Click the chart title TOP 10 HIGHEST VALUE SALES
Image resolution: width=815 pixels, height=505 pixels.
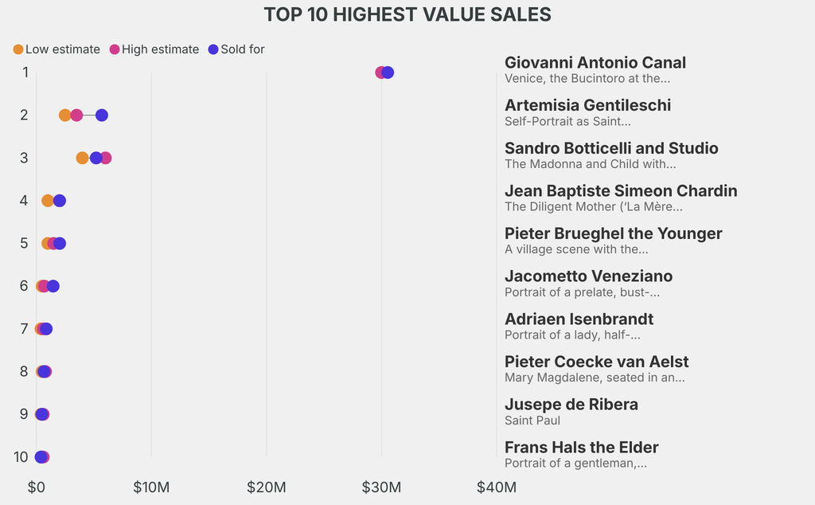[407, 14]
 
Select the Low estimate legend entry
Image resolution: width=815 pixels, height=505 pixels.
[57, 49]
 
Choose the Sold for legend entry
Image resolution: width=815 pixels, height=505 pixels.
[236, 49]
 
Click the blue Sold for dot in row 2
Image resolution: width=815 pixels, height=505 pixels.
[102, 115]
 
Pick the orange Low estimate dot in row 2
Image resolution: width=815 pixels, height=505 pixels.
[64, 115]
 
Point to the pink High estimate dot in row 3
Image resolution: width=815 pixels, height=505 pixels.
[106, 158]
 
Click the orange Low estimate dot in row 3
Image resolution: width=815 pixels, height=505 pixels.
[82, 158]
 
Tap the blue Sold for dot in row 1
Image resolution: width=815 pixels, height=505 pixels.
[388, 72]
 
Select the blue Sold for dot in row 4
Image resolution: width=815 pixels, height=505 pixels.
[60, 201]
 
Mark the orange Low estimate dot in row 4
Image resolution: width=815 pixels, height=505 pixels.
[47, 201]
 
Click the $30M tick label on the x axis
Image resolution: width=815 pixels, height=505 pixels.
[381, 487]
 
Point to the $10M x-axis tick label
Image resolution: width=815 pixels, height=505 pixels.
[151, 487]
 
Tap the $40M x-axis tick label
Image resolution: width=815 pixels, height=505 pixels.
[496, 487]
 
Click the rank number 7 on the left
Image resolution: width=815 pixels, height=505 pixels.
[24, 329]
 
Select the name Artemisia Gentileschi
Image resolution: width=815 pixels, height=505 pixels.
[587, 105]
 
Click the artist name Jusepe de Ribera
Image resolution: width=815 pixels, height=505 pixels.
[571, 404]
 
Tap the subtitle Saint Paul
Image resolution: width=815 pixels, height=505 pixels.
[532, 420]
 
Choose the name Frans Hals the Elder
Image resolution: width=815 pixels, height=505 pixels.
[581, 447]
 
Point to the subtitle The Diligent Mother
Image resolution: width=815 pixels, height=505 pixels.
[593, 206]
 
